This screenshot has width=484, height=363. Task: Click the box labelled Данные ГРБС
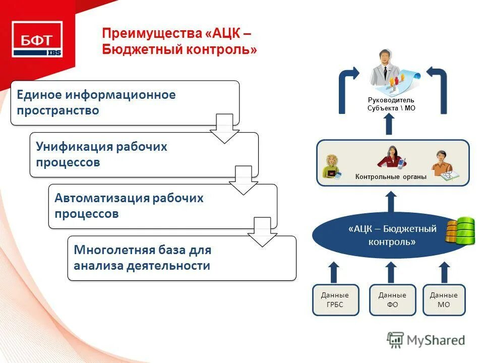tap(335, 300)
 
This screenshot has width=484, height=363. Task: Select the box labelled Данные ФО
tap(392, 300)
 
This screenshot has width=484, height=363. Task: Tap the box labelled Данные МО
tap(444, 300)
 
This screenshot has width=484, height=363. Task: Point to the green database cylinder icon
tap(460, 231)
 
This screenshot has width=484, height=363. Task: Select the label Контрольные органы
tap(391, 176)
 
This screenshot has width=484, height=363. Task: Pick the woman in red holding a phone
tap(392, 157)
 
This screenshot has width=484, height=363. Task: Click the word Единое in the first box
tap(40, 95)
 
